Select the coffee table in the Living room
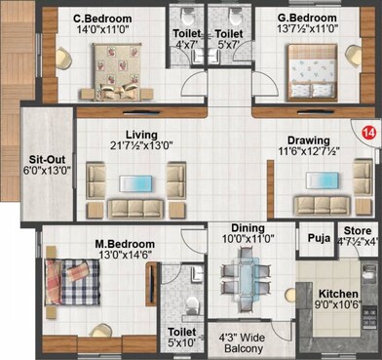[x=135, y=182]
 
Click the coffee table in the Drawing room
[x=320, y=181]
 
